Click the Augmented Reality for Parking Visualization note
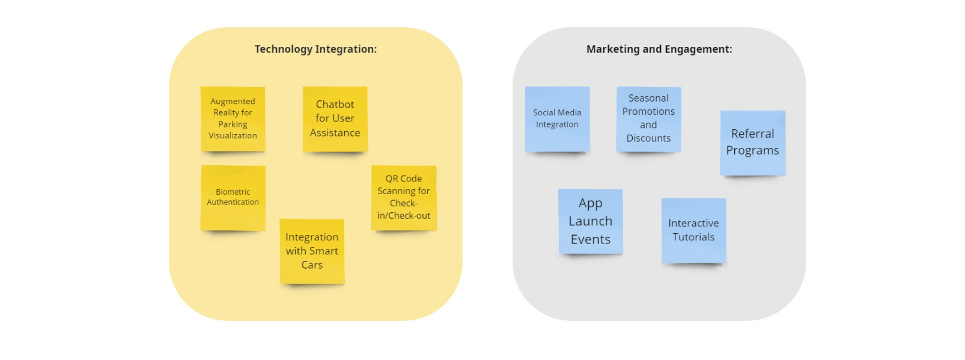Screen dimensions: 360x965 233,118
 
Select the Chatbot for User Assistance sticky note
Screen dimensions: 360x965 335,118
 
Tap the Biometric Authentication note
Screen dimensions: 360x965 233,197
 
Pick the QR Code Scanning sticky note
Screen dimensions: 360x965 404,197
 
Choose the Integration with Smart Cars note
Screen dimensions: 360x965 312,251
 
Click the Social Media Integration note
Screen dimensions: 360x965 557,118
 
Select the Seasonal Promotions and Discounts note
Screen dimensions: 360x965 648,118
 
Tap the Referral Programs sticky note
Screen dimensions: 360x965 752,142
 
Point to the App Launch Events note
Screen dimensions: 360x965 590,221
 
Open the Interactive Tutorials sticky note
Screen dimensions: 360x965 693,230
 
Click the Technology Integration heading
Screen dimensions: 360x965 315,49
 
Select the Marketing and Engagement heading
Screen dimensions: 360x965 659,49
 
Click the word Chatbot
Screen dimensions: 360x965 335,105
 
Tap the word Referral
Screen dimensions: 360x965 752,134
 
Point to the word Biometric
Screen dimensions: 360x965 233,192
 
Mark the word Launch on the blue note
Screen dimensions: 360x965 590,221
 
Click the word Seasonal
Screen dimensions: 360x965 648,98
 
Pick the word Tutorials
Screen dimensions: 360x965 693,237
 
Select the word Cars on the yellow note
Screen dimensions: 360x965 312,265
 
